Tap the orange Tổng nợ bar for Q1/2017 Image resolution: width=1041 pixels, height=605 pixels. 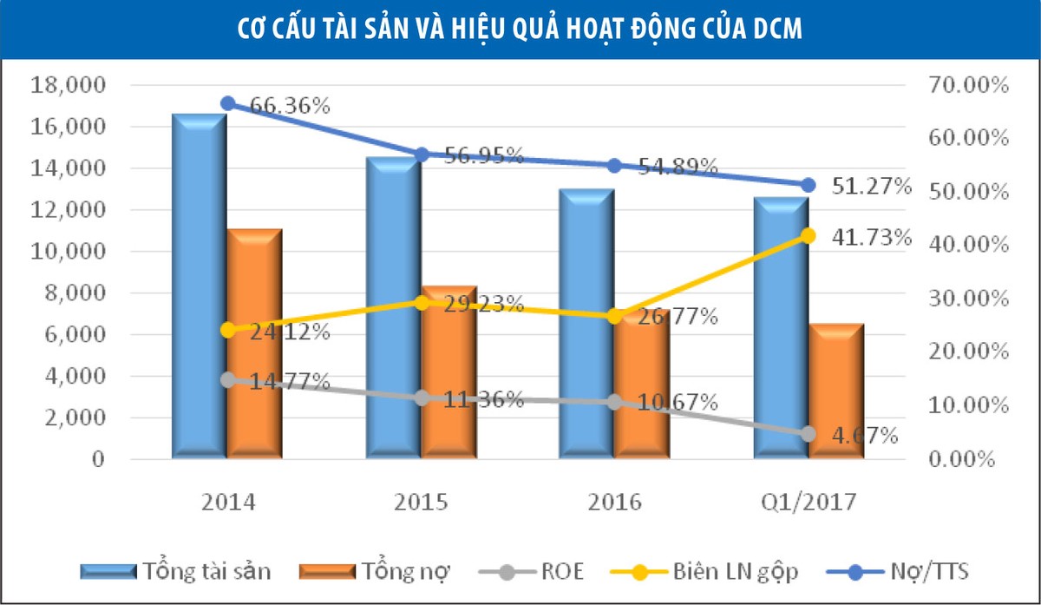click(837, 391)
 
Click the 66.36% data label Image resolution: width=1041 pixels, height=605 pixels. click(290, 107)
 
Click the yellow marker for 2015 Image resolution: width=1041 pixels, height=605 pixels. click(422, 303)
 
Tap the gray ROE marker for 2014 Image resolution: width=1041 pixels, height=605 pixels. click(228, 380)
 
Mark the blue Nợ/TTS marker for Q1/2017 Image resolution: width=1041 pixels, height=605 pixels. click(809, 185)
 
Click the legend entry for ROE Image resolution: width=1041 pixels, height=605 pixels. click(547, 571)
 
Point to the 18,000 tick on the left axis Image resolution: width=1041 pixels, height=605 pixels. click(67, 86)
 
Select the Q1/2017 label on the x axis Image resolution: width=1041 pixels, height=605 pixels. click(809, 503)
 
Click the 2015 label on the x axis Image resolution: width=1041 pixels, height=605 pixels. click(421, 503)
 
